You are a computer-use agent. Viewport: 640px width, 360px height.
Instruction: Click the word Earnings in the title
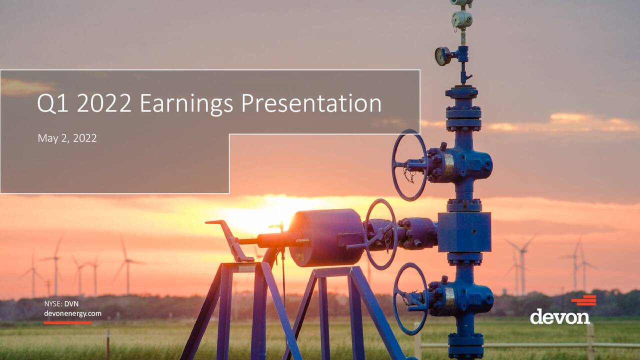point(186,104)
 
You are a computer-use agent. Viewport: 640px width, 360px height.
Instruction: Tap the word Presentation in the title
point(311,103)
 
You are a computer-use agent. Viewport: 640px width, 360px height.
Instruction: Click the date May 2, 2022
point(67,138)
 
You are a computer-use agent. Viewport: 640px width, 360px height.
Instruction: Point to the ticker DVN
point(71,303)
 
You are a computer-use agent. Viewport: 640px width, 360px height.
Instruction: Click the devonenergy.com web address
point(72,313)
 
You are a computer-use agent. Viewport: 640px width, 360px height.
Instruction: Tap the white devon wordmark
point(559,316)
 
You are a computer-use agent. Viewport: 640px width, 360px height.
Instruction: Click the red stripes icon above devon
point(583,300)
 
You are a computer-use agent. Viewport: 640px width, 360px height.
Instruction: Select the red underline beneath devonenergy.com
point(68,323)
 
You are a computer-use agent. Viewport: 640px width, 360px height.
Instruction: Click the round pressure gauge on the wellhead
point(442,56)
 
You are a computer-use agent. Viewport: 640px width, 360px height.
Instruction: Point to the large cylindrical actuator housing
point(325,237)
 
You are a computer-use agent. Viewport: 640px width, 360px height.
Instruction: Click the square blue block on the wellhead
point(464,232)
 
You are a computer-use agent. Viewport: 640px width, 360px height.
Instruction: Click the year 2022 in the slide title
point(104,103)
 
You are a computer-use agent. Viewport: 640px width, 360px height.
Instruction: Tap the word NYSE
point(53,303)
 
